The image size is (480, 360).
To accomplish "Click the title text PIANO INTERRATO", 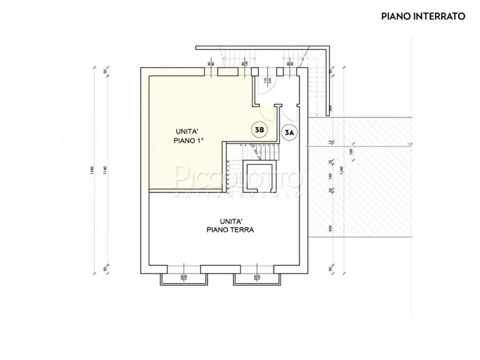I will [423, 16].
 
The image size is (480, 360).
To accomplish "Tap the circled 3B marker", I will [260, 129].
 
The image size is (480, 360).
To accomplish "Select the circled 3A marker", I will [290, 133].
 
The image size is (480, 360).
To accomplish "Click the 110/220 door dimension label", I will [266, 83].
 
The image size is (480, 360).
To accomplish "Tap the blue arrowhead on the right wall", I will [308, 146].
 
